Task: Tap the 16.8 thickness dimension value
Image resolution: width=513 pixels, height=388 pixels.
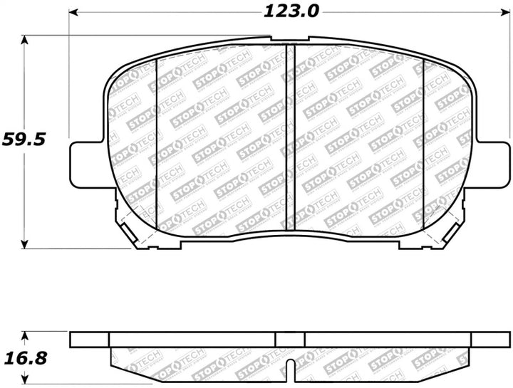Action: point(23,357)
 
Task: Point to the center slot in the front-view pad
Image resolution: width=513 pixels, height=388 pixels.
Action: point(290,135)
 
